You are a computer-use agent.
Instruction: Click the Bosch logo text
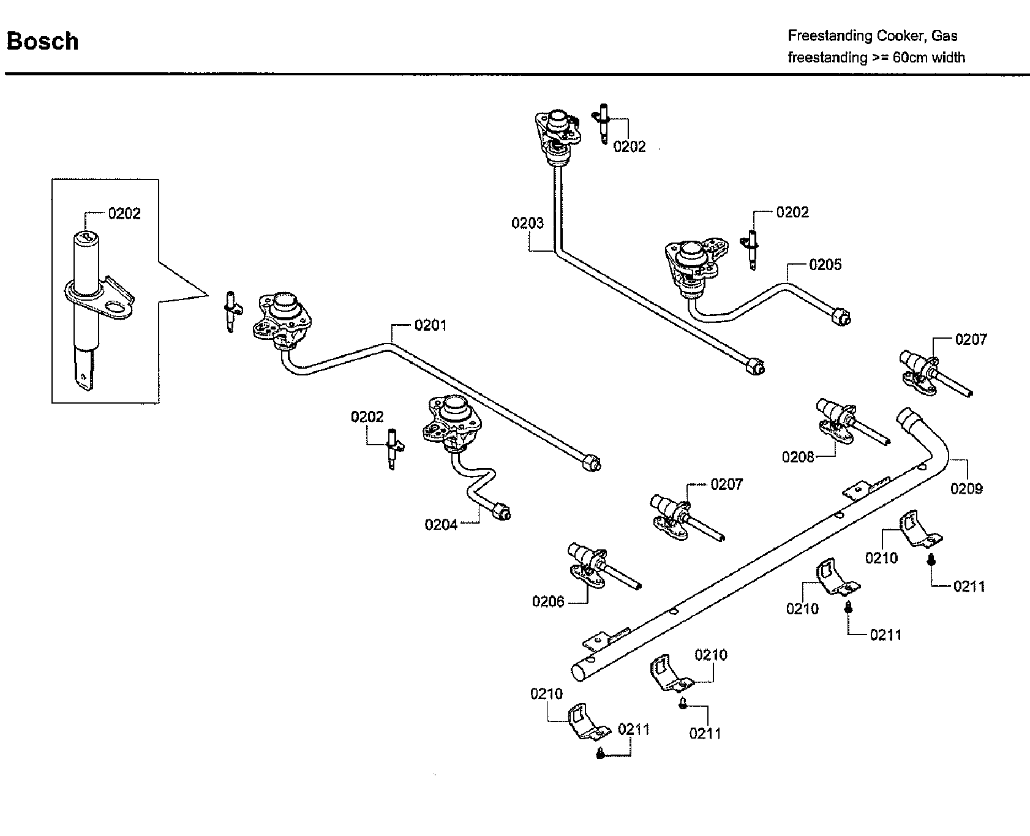(x=42, y=42)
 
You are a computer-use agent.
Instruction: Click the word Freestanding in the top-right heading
(x=830, y=36)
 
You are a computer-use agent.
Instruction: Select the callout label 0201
(x=430, y=325)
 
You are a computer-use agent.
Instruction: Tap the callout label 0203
(x=527, y=223)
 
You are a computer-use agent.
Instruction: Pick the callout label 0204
(x=441, y=525)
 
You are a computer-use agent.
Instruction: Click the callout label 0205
(x=825, y=265)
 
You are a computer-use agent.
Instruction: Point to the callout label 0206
(x=548, y=601)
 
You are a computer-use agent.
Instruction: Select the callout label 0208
(x=798, y=456)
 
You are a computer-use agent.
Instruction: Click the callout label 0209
(x=966, y=488)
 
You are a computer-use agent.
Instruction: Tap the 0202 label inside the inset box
(x=124, y=213)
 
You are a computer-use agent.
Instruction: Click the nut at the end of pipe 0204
(x=503, y=511)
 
